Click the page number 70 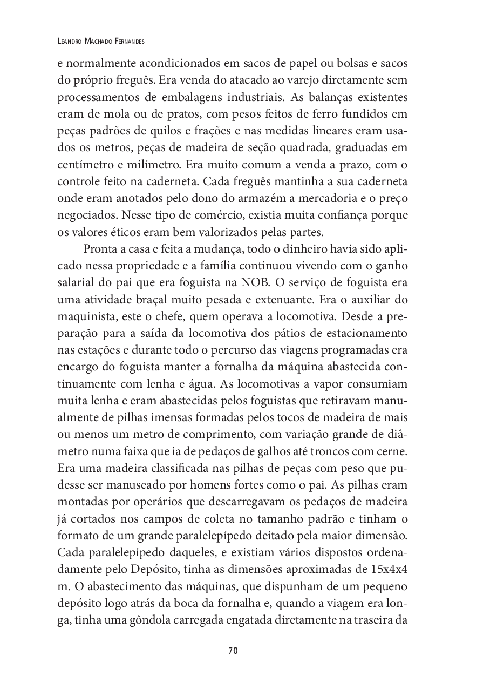233,651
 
